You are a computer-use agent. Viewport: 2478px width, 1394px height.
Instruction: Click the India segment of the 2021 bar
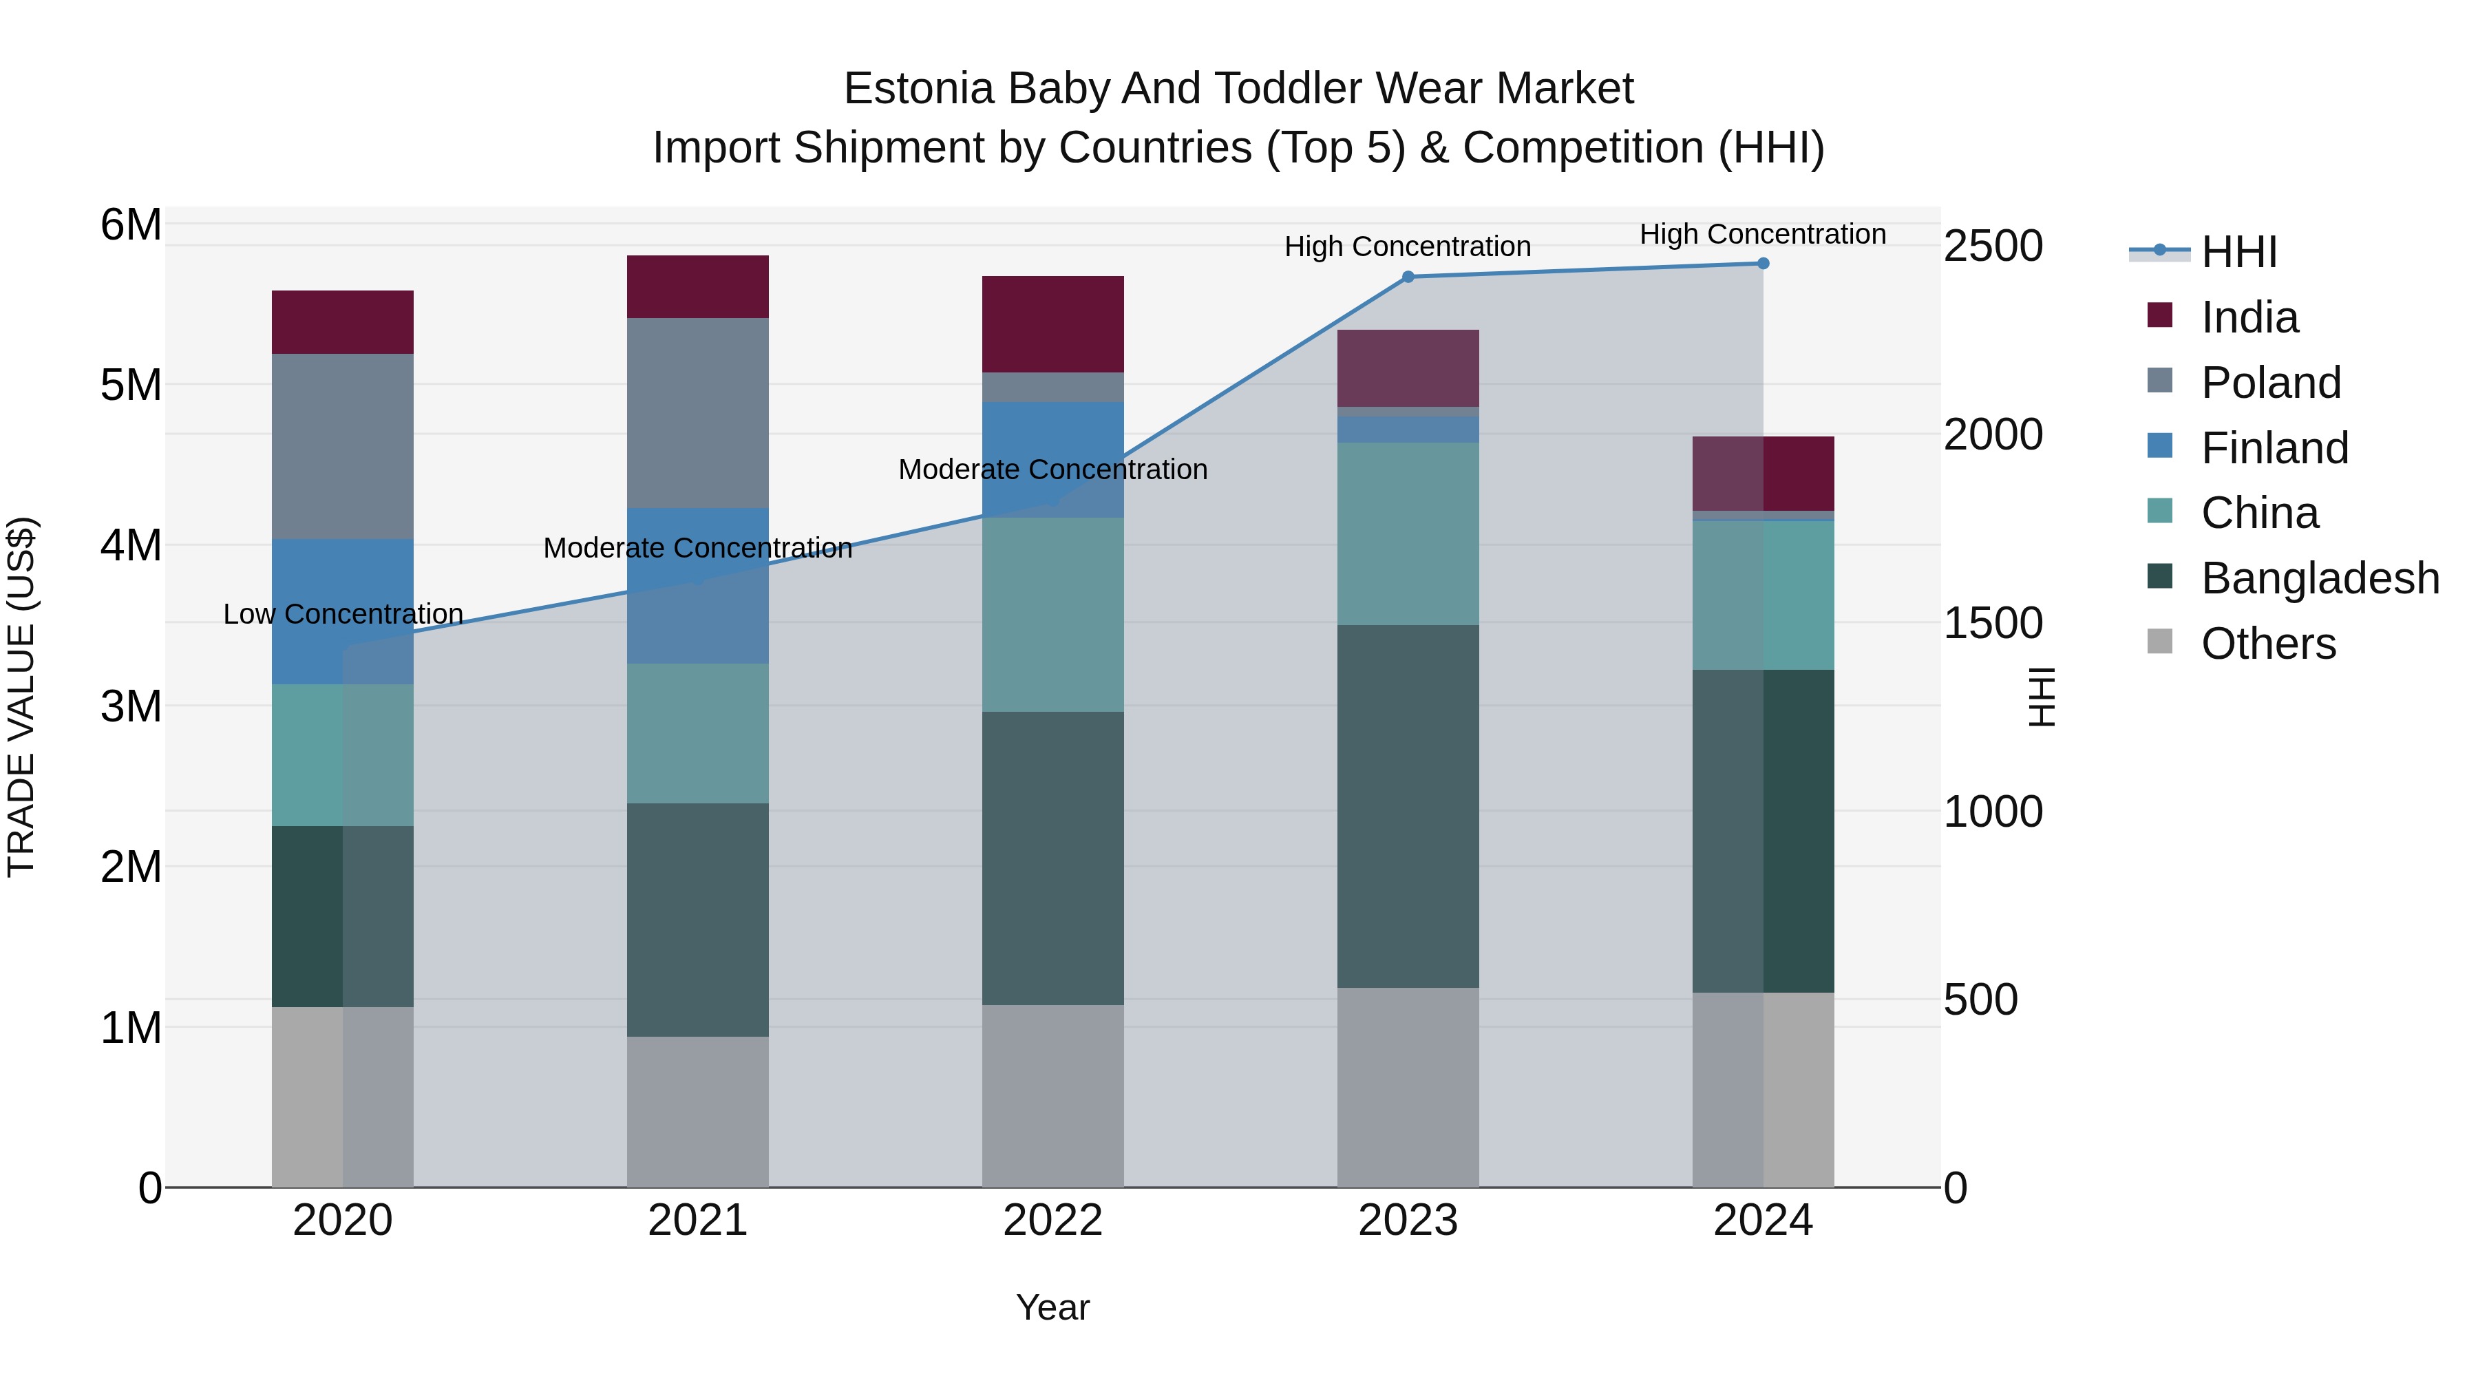[697, 286]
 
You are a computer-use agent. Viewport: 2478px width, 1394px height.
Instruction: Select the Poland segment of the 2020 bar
[343, 445]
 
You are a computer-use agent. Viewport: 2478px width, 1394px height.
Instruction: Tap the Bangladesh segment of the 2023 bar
[1408, 806]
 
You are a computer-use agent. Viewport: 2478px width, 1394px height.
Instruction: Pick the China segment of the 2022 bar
[1052, 615]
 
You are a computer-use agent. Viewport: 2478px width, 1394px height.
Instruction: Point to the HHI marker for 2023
[1408, 277]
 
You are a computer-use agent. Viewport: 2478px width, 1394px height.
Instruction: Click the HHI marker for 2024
[1762, 264]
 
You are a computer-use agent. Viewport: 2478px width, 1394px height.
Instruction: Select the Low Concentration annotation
[343, 614]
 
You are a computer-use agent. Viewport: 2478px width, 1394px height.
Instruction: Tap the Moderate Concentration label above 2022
[1052, 469]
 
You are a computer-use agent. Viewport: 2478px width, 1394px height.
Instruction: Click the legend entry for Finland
[2274, 448]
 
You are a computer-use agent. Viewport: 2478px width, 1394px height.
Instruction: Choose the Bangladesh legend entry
[2319, 578]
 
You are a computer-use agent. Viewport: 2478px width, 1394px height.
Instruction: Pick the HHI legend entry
[2238, 252]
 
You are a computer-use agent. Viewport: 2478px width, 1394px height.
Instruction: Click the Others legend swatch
[2159, 642]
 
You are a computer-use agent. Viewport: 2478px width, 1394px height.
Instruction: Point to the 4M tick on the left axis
[131, 545]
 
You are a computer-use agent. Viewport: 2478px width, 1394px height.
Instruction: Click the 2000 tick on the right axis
[1992, 435]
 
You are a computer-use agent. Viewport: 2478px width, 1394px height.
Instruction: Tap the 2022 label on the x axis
[1052, 1221]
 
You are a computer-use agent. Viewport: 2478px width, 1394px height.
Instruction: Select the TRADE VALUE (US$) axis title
[21, 697]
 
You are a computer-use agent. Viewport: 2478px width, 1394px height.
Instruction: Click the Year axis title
[1052, 1307]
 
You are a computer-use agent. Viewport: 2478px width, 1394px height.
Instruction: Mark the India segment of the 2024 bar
[1762, 474]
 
